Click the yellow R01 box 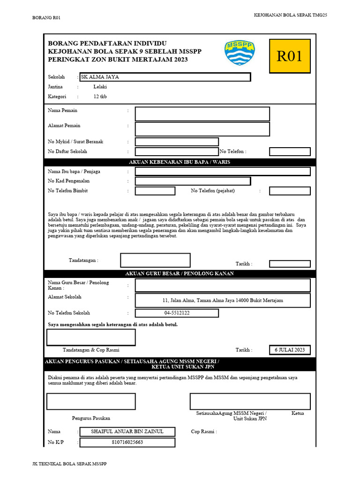tap(290, 56)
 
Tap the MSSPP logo tap(240, 52)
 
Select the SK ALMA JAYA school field tap(165, 77)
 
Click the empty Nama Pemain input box tap(202, 114)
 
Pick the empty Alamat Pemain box tap(202, 129)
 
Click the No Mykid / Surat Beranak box tap(177, 142)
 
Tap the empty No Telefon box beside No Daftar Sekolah tap(290, 151)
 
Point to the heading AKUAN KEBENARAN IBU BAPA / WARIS tap(180, 162)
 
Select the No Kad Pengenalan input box tap(193, 181)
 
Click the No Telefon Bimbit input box tap(155, 191)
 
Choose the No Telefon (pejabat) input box tap(290, 191)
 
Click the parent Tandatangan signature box tap(155, 260)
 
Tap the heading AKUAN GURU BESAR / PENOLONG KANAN tap(180, 274)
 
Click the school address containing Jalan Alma tap(223, 300)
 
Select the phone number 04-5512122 tap(177, 313)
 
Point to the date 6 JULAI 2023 tap(290, 350)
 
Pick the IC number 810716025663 tap(127, 442)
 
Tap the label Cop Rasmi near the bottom tap(204, 432)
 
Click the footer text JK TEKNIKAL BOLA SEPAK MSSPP tap(69, 464)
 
